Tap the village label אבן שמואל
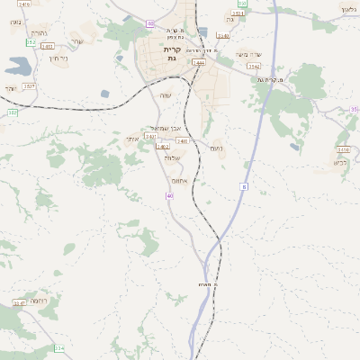171,130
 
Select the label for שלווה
173,158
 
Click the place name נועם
215,148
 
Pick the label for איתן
131,139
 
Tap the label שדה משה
247,54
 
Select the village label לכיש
340,163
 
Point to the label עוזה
166,94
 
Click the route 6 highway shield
243,186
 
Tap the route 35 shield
354,109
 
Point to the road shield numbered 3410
343,149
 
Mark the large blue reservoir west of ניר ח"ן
16,66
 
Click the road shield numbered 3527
30,85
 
